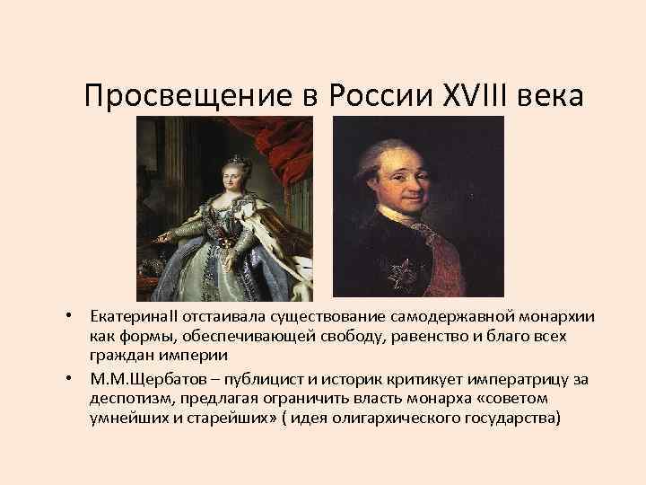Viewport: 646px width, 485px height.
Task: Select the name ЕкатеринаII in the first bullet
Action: tap(127, 320)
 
